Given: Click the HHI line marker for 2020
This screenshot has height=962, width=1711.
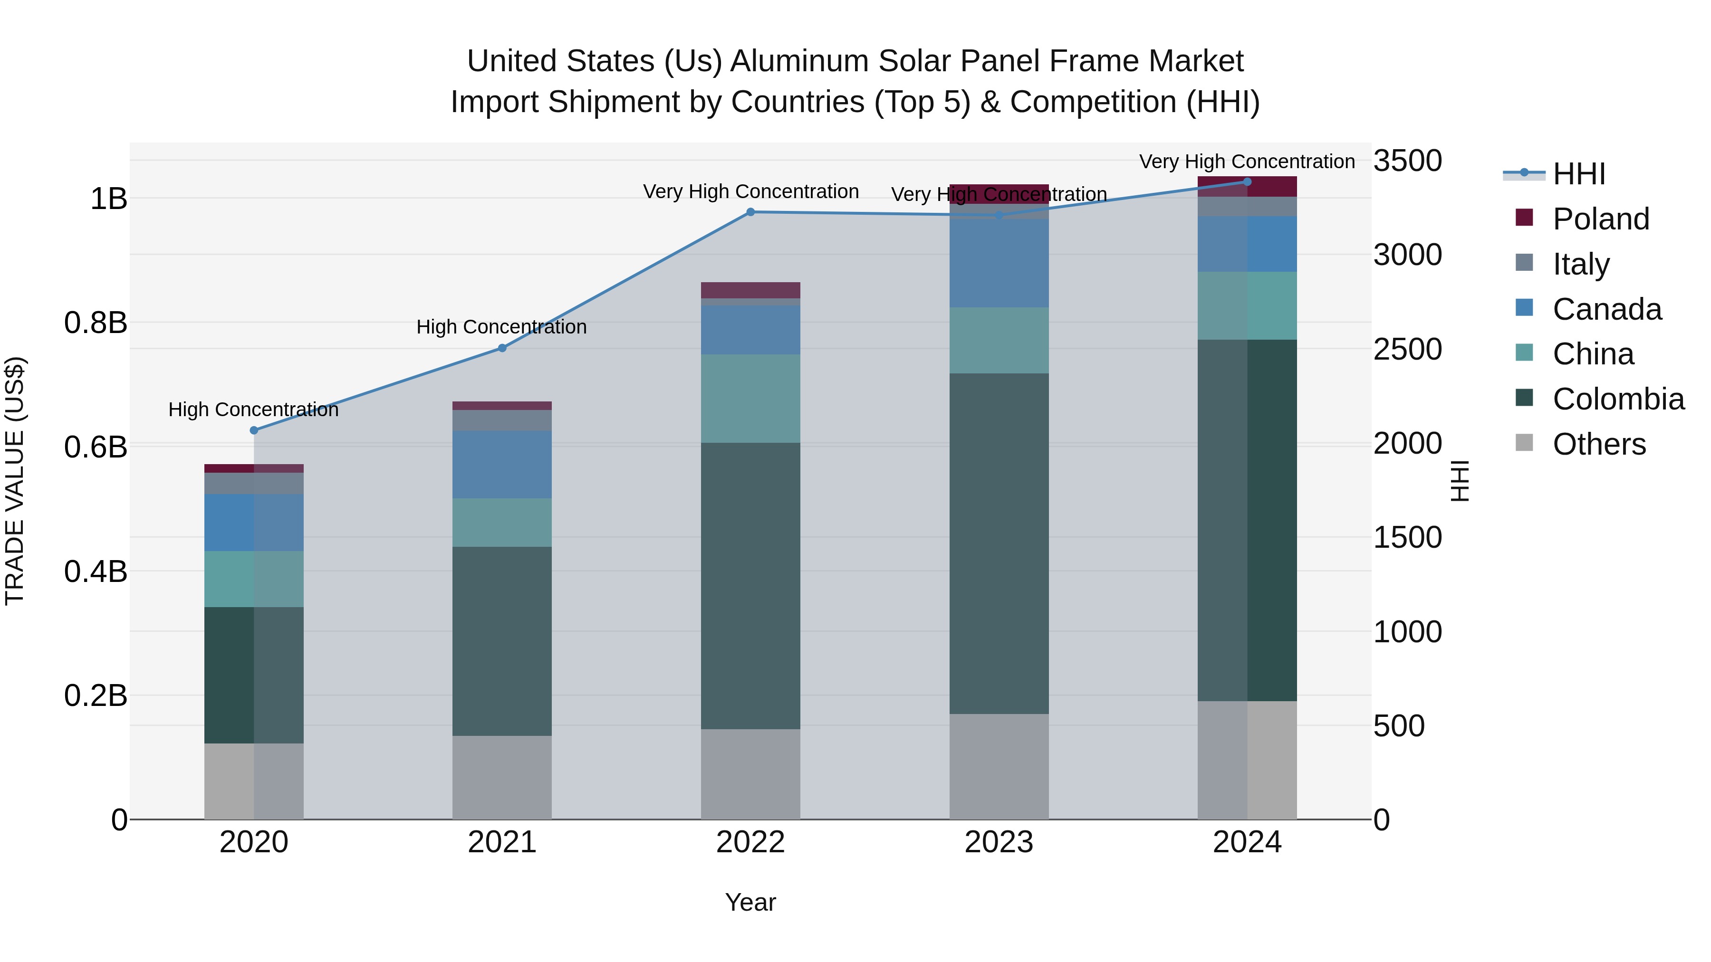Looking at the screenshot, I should click(254, 430).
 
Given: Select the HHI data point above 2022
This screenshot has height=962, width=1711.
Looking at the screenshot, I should click(750, 212).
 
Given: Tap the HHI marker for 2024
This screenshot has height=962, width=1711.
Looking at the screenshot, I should click(1247, 182).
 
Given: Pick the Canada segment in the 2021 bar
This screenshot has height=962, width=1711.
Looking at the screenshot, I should click(502, 464).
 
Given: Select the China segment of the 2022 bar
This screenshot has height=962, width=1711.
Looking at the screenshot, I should click(750, 399).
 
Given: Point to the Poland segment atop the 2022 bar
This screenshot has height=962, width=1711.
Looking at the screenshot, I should click(750, 290).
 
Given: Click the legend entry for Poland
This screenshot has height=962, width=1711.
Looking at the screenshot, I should click(1600, 219).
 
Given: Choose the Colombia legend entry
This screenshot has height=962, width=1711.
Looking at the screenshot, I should click(1618, 399).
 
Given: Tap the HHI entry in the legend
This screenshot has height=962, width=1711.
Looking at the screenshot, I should click(1579, 174).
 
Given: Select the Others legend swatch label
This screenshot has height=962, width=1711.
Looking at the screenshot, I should click(1599, 444).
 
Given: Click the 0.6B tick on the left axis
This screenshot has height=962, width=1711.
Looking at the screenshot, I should click(96, 447).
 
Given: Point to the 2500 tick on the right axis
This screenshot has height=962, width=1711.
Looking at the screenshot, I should click(1407, 349).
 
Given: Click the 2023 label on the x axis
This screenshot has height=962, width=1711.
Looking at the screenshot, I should click(999, 842).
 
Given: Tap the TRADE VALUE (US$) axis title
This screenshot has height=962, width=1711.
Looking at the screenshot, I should click(15, 481).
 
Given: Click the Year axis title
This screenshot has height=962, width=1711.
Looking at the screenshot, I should click(750, 902).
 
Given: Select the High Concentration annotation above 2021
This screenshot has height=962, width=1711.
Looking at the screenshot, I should click(501, 327).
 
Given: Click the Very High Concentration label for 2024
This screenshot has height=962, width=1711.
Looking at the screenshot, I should click(1247, 162).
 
